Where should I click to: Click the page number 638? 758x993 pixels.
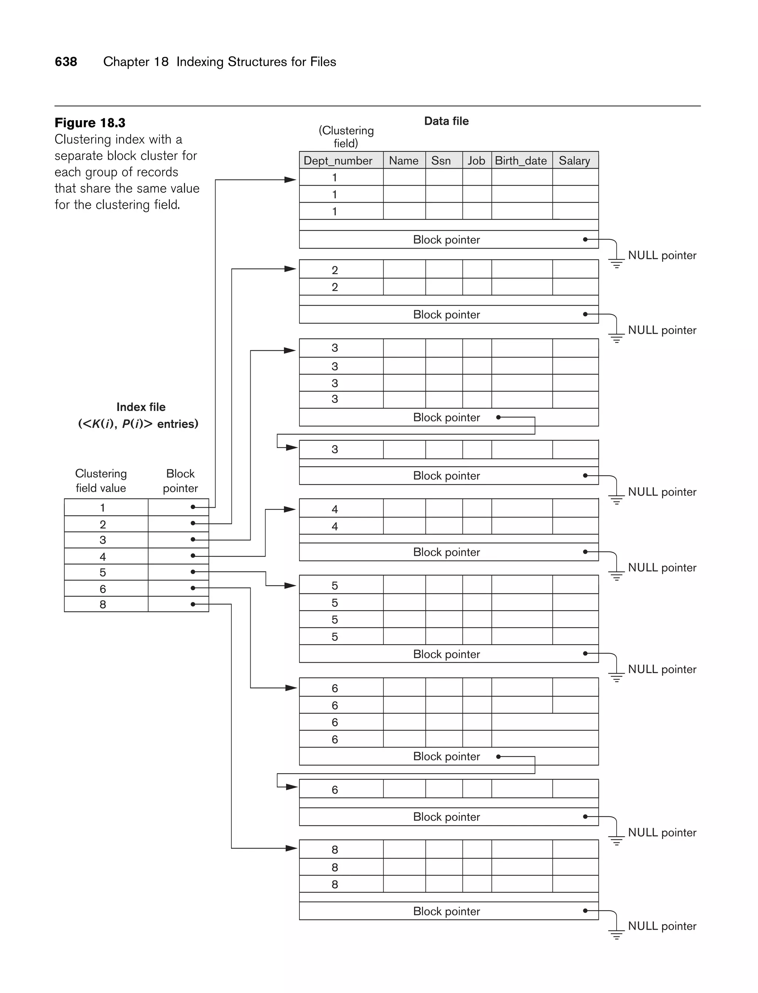[x=66, y=62]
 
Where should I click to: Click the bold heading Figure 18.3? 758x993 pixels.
[x=90, y=123]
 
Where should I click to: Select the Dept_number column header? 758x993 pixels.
[x=338, y=161]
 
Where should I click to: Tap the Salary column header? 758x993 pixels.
[x=574, y=161]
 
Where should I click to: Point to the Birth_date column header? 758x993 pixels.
[x=521, y=161]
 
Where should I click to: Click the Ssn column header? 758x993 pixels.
[x=441, y=161]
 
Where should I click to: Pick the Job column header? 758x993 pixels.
[x=476, y=161]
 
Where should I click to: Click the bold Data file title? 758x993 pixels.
[x=446, y=121]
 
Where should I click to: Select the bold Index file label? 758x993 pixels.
[x=141, y=407]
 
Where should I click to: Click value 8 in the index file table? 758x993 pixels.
[x=103, y=604]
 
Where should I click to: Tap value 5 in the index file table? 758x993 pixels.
[x=103, y=572]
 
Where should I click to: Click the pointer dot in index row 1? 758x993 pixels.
[x=193, y=507]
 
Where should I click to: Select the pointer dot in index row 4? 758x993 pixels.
[x=193, y=556]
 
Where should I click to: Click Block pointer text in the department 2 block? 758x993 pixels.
[x=446, y=314]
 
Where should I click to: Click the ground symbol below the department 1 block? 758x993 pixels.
[x=616, y=263]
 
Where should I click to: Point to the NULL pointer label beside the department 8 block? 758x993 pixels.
[x=662, y=926]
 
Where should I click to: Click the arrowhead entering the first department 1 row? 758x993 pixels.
[x=291, y=180]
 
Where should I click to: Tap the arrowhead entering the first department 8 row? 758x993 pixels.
[x=292, y=848]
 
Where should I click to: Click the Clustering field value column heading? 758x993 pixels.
[x=101, y=481]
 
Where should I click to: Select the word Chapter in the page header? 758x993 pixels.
[x=126, y=62]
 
